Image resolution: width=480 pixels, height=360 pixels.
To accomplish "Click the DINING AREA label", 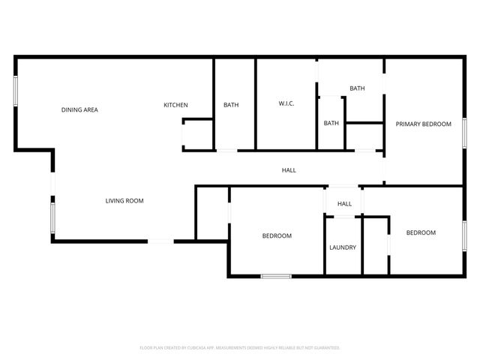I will pos(79,110).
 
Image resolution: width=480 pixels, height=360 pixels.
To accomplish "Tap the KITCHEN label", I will pos(175,105).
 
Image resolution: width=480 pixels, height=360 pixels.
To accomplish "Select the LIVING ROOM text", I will pos(124,201).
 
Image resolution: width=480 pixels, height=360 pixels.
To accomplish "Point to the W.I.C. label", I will pos(286,103).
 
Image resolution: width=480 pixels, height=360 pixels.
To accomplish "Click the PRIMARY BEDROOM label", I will pos(424,124).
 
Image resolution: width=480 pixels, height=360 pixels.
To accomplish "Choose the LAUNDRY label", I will pos(343,247).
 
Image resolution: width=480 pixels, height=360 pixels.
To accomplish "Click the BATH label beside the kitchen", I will pos(231,105).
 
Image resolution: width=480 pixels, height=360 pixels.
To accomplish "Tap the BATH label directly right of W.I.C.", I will pos(331,123).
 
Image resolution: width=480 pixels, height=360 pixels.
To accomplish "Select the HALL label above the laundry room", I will pos(344,204).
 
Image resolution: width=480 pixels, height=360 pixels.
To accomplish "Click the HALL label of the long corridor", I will pos(289,170).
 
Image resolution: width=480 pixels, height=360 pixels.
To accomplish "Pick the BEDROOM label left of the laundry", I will pos(277,236).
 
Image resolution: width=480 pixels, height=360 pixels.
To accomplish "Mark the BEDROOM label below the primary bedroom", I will pos(421,232).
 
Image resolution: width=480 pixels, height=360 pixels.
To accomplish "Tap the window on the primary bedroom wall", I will pos(464,133).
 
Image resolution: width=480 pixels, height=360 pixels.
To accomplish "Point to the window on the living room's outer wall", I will pos(52,218).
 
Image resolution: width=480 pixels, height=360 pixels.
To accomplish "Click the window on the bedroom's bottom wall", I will pos(275,277).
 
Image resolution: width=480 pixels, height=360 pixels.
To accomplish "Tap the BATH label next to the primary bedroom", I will pos(357,88).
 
